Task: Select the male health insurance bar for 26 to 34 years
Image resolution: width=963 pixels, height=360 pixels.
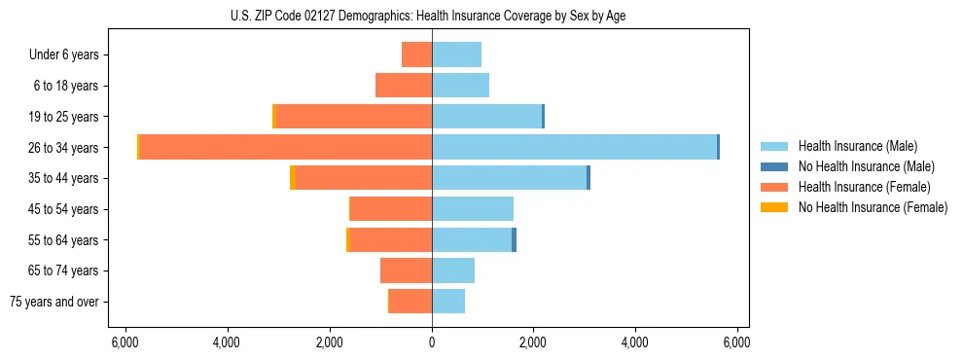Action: pos(574,147)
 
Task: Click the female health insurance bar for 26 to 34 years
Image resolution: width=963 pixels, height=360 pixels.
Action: pos(286,147)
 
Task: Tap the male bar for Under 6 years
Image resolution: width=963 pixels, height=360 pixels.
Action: pos(456,54)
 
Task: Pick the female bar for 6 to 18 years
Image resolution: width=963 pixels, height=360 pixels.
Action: pos(404,86)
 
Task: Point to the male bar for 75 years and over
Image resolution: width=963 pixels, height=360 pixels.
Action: pos(448,302)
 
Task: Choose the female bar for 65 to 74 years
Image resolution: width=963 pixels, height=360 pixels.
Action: pos(406,270)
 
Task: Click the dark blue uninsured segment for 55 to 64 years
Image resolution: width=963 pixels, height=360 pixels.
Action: pos(514,239)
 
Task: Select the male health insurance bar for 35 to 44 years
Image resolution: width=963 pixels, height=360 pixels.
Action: pos(509,178)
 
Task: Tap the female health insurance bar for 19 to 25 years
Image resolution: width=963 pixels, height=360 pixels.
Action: pos(354,117)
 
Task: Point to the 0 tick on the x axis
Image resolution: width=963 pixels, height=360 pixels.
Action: pos(432,342)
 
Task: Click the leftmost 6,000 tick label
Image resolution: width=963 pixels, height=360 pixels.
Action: pos(125,342)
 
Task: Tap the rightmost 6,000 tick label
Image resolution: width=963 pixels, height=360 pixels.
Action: pos(737,342)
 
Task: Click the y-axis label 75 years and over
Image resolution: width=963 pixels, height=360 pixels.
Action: pos(54,302)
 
